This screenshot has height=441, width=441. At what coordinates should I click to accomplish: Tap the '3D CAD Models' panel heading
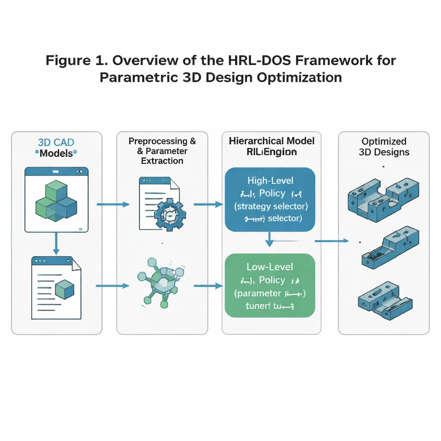tap(56, 148)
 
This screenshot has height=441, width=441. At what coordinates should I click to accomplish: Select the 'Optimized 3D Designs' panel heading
tap(384, 147)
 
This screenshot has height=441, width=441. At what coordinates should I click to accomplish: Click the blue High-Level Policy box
tap(270, 200)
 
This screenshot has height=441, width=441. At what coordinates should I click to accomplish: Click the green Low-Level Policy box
tap(270, 286)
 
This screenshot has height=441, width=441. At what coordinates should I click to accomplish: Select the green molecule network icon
tap(161, 282)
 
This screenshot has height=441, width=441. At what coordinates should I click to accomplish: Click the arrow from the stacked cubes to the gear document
tap(113, 204)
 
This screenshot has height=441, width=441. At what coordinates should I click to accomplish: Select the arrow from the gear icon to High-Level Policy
tap(208, 204)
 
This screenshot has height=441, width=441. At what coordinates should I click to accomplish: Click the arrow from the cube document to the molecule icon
tap(113, 286)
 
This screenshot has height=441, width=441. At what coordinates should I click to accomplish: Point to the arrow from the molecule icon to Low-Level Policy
tap(208, 286)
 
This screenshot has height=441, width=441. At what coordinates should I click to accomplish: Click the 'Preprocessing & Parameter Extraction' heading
tap(162, 151)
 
